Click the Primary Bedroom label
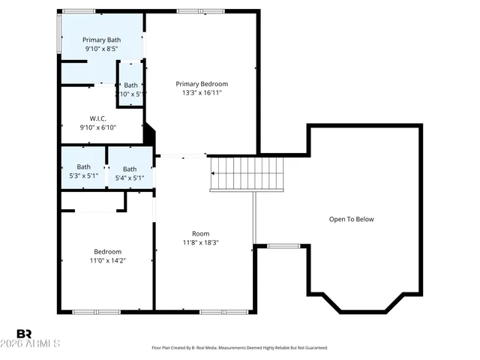pyautogui.click(x=202, y=84)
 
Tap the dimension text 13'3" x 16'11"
pyautogui.click(x=202, y=93)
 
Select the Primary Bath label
pyautogui.click(x=101, y=40)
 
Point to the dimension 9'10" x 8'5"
pyautogui.click(x=101, y=49)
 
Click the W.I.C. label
pyautogui.click(x=97, y=118)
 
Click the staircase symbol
pyautogui.click(x=247, y=173)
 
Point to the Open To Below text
pyautogui.click(x=351, y=219)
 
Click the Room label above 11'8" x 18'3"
pyautogui.click(x=201, y=233)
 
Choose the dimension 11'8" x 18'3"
pyautogui.click(x=201, y=243)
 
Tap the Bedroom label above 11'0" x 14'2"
pyautogui.click(x=107, y=251)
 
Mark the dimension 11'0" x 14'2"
pyautogui.click(x=107, y=261)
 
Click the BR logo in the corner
pyautogui.click(x=24, y=333)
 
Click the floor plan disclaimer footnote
pyautogui.click(x=240, y=348)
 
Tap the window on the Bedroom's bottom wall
pyautogui.click(x=96, y=311)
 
